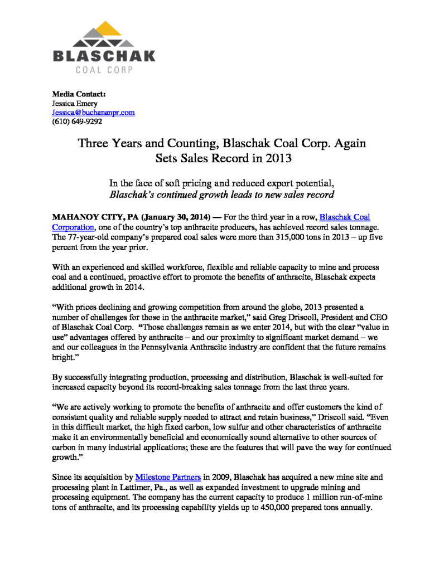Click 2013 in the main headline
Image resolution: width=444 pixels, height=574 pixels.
point(277,157)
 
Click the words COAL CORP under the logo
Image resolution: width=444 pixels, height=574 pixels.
point(104,70)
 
